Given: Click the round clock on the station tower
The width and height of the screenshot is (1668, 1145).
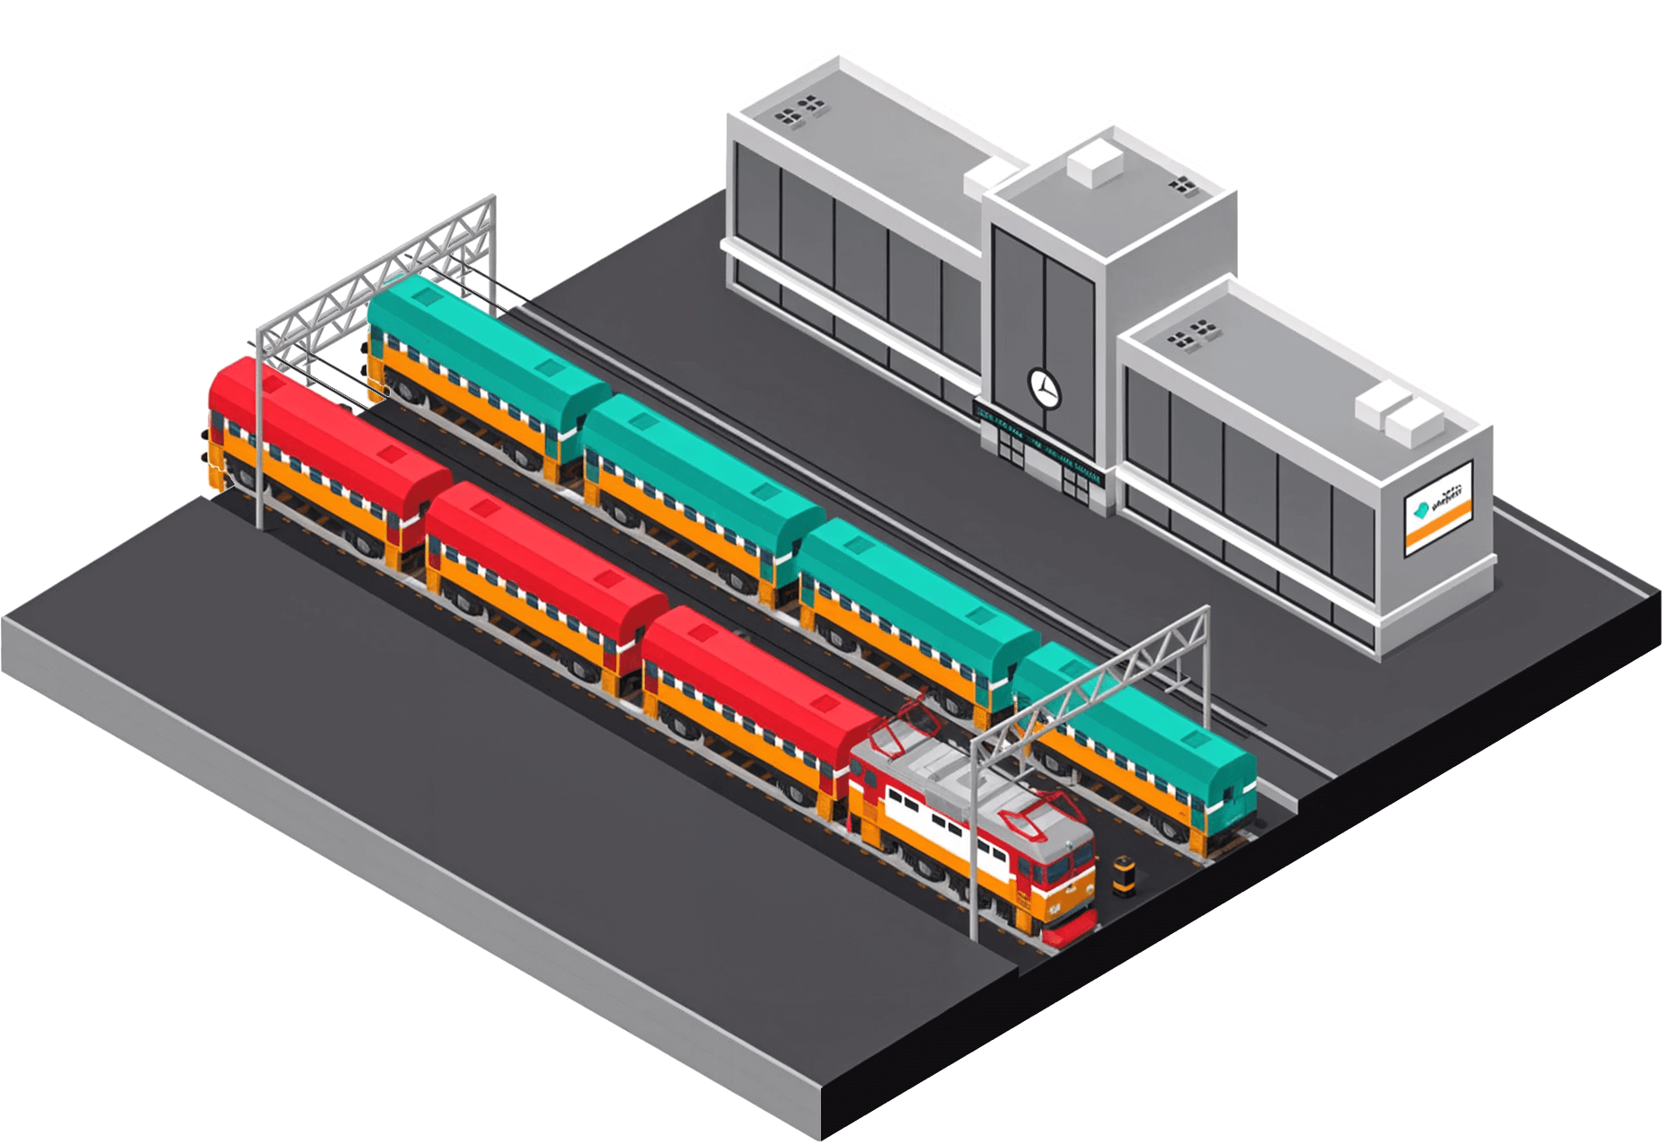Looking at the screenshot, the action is (1044, 385).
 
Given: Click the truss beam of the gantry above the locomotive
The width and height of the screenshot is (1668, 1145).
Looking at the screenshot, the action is (1091, 674).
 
